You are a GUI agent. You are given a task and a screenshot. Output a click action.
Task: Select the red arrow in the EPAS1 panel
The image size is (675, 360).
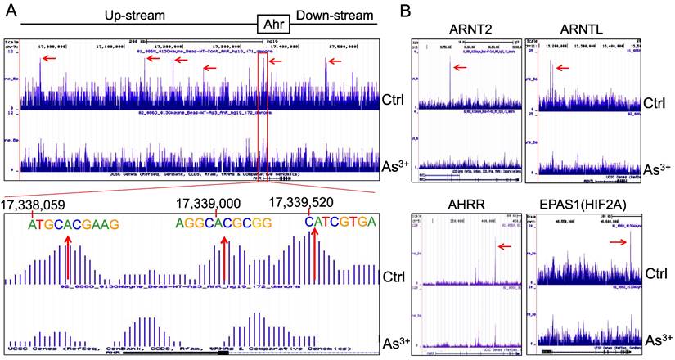[621, 241]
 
